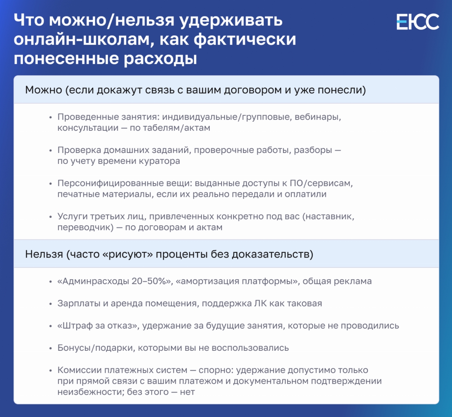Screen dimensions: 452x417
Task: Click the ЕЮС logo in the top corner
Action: click(418, 22)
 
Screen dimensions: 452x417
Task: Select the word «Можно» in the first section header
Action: click(44, 90)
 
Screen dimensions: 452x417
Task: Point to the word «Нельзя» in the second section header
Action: click(44, 254)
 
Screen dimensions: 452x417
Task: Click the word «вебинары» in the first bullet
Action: click(318, 117)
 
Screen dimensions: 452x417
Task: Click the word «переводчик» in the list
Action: click(85, 227)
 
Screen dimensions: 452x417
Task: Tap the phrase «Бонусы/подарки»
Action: click(95, 348)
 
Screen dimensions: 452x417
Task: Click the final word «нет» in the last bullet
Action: click(187, 392)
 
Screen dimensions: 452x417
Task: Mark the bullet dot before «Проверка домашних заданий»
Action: click(50, 151)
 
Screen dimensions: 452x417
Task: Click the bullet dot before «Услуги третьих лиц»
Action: click(50, 217)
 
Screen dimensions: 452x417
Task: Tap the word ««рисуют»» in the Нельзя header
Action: click(128, 254)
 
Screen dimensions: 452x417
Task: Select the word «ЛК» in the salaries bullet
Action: click(260, 303)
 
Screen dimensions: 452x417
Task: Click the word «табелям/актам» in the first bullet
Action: click(177, 128)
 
